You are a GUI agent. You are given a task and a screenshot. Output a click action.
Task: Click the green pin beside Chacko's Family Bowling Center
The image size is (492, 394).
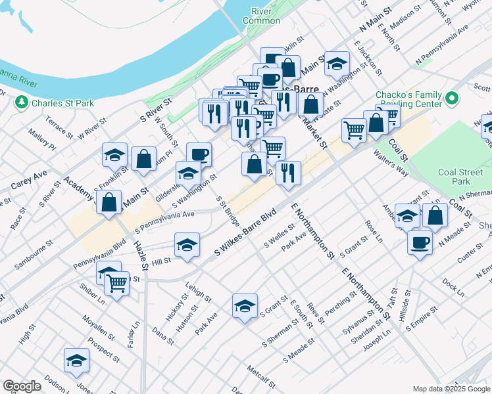(x=451, y=100)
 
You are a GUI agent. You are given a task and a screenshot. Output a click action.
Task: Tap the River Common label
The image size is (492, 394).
(x=261, y=16)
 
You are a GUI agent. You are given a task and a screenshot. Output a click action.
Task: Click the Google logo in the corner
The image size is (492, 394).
(x=22, y=386)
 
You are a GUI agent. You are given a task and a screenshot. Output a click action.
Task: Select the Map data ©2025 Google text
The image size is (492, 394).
(x=451, y=389)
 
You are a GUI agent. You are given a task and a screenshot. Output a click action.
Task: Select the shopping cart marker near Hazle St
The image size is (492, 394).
(x=117, y=284)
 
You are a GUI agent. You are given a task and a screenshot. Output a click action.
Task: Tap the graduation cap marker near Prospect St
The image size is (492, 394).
(x=76, y=361)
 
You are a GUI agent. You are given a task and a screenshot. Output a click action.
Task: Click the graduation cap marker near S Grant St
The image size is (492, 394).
(x=245, y=305)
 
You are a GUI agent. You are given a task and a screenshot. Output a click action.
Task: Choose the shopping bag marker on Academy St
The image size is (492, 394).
(x=109, y=203)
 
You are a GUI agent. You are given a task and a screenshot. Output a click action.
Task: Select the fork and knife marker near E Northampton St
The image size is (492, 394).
(x=288, y=173)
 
